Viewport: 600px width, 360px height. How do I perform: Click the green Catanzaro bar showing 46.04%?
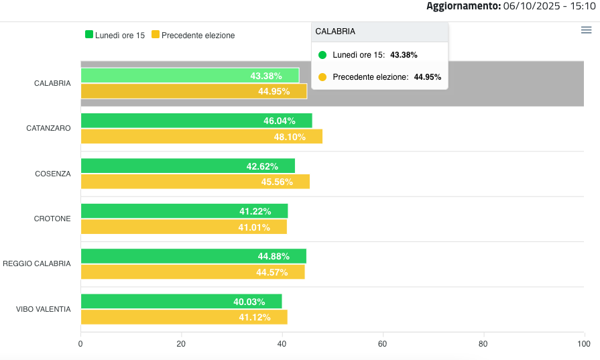point(196,121)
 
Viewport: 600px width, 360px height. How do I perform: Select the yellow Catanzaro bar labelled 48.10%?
point(201,137)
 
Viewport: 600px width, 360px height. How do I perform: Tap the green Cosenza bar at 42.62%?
point(188,166)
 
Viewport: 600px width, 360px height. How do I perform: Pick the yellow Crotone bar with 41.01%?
point(184,227)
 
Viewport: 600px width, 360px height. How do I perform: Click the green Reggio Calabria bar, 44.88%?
point(193,256)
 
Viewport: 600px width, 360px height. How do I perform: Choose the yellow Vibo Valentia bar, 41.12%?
point(184,317)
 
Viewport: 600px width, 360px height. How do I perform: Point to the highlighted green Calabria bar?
point(190,76)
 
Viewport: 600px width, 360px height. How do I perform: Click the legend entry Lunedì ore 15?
point(115,35)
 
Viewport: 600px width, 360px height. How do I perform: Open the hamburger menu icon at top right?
point(586,30)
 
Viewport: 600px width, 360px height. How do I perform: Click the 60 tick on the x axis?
point(383,344)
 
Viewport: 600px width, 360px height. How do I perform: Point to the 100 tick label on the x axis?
point(583,344)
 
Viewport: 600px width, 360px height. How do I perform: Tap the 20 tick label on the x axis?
point(181,344)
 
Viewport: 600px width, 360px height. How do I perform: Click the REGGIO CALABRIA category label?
point(37,263)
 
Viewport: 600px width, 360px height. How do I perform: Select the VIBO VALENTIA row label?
point(44,309)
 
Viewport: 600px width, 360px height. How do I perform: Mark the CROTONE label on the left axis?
point(52,219)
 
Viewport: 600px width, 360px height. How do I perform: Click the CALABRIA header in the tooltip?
point(335,32)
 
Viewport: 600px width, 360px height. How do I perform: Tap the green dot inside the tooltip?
point(322,55)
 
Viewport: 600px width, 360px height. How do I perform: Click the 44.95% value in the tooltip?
point(428,77)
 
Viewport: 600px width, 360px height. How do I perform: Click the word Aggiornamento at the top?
point(463,6)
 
